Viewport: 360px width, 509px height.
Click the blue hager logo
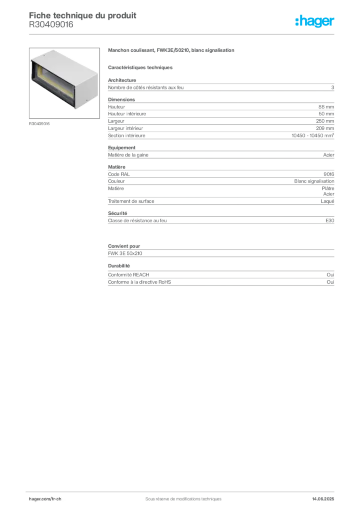coord(316,22)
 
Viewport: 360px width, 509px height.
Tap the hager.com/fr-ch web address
coord(45,498)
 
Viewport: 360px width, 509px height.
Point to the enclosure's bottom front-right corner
coord(76,108)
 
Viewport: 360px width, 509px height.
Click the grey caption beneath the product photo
coord(39,123)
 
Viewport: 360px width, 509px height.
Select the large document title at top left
coord(83,15)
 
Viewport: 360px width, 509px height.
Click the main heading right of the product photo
coord(173,52)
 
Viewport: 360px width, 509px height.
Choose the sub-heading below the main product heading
coord(141,66)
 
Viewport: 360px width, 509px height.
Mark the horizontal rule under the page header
coord(183,34)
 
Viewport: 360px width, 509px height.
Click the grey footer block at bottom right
coord(326,496)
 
